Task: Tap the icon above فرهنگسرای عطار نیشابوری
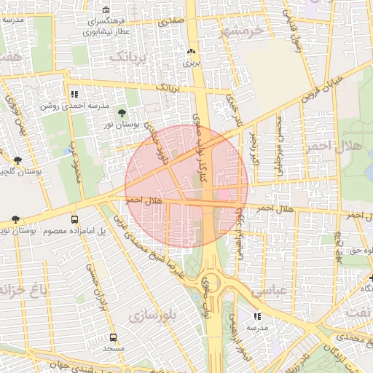coord(106,10)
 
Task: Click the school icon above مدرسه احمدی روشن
coord(74,94)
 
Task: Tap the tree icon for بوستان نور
coord(121,113)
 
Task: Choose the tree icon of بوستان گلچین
coord(17,160)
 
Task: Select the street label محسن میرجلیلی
coord(279,146)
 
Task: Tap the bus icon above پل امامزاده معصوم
coord(74,219)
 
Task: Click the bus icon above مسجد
coord(113,338)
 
